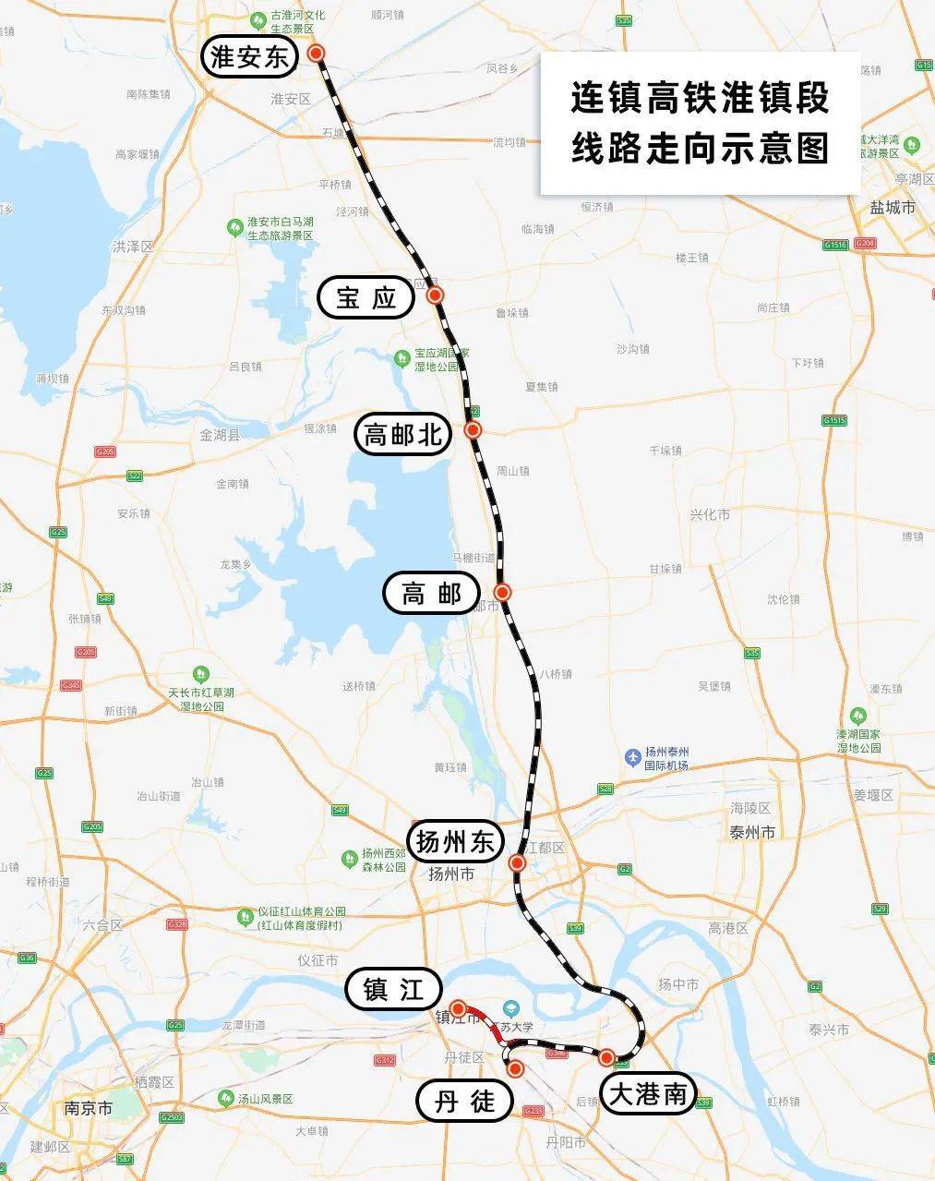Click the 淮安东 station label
click(x=250, y=58)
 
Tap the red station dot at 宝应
click(x=436, y=295)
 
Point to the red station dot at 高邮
click(x=502, y=592)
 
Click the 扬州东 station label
click(x=457, y=842)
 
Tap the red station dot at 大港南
click(x=607, y=1057)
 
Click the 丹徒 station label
click(x=464, y=1100)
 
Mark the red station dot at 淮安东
click(x=317, y=54)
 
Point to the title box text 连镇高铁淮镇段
click(x=700, y=98)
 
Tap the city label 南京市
click(x=89, y=1107)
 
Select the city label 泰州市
click(x=752, y=832)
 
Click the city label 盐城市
click(x=892, y=208)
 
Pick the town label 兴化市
click(x=710, y=514)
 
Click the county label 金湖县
click(x=220, y=434)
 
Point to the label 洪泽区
click(x=132, y=247)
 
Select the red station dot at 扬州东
click(x=517, y=863)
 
